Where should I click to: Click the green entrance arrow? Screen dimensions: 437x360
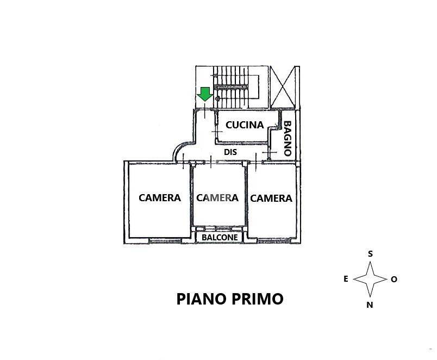(205, 94)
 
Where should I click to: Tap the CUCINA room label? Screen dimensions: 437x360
(245, 125)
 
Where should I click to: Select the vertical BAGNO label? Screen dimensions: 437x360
(288, 138)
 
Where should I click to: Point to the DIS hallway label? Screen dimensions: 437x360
(230, 152)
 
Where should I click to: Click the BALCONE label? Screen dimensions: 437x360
(220, 238)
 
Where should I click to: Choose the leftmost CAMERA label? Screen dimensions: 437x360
(160, 198)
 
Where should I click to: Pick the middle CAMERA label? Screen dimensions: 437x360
(217, 198)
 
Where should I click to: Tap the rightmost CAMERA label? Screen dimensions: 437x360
(271, 198)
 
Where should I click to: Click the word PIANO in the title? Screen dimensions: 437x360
(202, 299)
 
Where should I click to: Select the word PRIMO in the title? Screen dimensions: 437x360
(258, 299)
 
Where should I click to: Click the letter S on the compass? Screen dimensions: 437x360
(370, 254)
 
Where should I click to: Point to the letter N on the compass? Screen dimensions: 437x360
(370, 305)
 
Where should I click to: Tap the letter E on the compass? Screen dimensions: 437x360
(346, 279)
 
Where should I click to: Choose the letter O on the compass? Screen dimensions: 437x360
(394, 279)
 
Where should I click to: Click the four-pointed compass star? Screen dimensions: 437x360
(370, 279)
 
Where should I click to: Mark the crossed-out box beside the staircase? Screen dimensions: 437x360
(283, 87)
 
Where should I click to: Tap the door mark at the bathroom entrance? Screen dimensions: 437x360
(269, 152)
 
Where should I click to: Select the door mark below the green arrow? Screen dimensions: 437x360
(205, 110)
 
